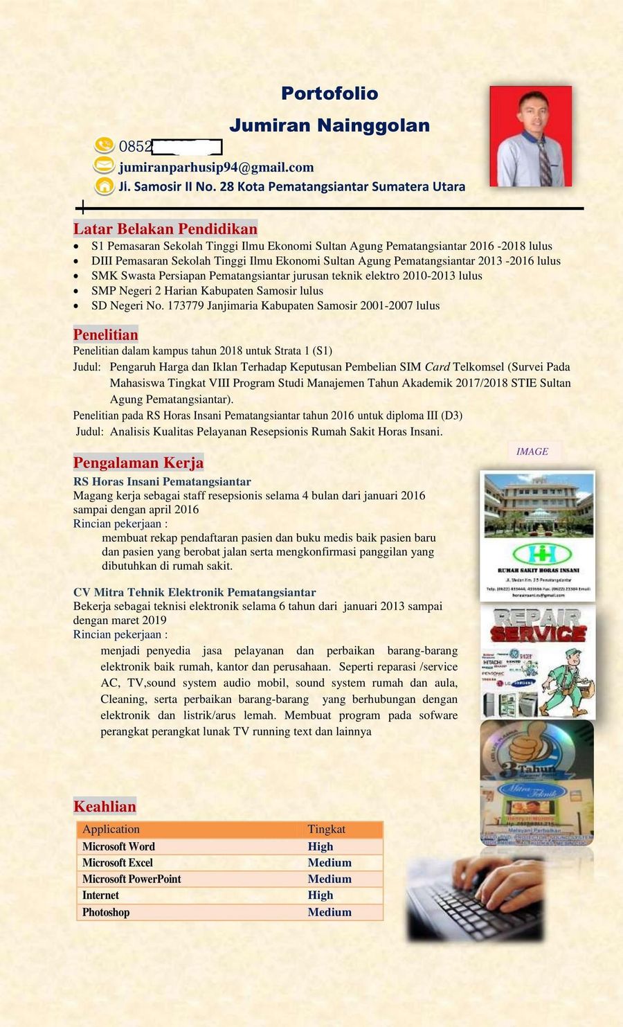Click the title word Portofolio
point(329,93)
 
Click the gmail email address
point(216,168)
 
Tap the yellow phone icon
point(104,145)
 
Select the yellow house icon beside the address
point(104,186)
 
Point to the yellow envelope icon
point(104,166)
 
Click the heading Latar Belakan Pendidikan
point(165,229)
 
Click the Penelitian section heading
point(106,335)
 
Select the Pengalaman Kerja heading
point(138,463)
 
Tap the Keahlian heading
point(105,807)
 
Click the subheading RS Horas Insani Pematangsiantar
point(162,481)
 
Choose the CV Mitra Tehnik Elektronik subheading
point(195,592)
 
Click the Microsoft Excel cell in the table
point(118,863)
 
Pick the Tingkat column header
point(327,830)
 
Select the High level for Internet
point(320,895)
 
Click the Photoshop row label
point(106,912)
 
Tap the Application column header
point(111,830)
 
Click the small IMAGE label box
point(532,452)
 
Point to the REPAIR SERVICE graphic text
point(539,625)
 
